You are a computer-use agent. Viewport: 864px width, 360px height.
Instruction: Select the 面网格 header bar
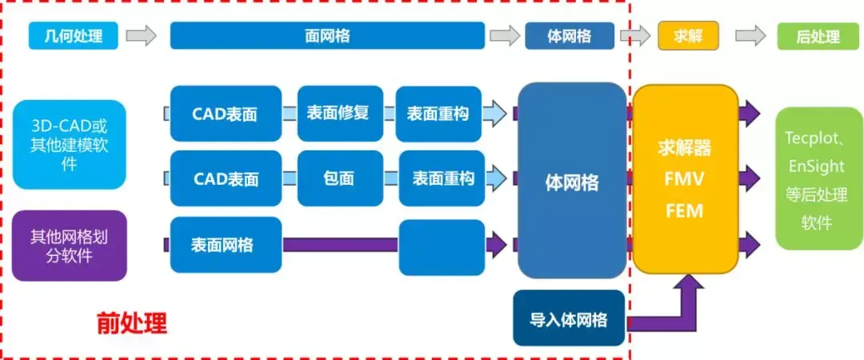tap(327, 36)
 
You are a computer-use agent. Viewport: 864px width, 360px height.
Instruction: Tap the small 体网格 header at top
tap(569, 36)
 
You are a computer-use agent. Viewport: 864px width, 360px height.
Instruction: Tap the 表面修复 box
tap(338, 113)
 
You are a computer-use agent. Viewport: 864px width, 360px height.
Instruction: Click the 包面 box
tap(338, 178)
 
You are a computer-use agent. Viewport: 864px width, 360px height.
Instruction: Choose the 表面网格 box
tap(226, 243)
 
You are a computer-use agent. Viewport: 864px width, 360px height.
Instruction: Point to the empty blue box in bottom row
tap(441, 246)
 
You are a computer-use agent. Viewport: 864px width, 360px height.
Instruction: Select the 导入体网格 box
tap(569, 319)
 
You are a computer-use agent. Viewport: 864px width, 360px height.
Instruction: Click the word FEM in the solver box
tap(685, 211)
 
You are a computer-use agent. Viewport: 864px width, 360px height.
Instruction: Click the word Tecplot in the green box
tap(813, 138)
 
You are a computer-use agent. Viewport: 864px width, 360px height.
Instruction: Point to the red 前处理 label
tap(131, 322)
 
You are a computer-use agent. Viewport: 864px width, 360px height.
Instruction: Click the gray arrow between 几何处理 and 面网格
tap(142, 36)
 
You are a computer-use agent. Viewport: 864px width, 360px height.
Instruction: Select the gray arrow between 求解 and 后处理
tap(750, 36)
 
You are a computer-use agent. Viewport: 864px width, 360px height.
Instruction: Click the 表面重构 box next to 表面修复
tap(439, 113)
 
